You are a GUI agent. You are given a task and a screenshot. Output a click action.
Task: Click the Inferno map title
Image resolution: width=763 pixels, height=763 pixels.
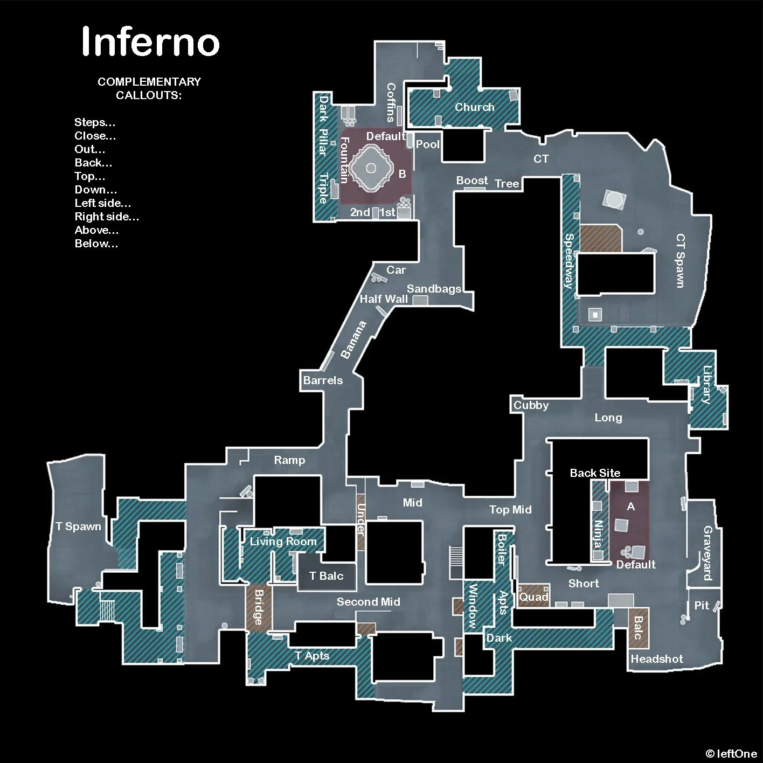click(x=150, y=41)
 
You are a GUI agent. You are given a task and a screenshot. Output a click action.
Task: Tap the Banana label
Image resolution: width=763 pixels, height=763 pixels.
click(x=353, y=339)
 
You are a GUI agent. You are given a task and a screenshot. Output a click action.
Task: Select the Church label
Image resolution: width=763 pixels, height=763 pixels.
click(x=474, y=107)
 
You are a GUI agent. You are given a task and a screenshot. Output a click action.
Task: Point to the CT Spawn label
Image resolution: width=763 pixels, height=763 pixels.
click(x=681, y=261)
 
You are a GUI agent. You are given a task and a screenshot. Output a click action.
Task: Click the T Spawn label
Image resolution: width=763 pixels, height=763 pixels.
click(x=79, y=526)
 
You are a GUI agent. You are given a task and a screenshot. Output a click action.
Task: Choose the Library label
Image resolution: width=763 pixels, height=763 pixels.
click(x=706, y=385)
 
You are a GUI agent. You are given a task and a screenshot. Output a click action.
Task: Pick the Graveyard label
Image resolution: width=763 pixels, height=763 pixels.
click(x=707, y=553)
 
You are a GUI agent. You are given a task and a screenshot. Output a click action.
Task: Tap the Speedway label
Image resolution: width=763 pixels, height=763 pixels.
click(x=569, y=261)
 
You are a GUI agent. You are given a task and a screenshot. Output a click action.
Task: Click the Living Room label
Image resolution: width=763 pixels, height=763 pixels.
click(x=283, y=542)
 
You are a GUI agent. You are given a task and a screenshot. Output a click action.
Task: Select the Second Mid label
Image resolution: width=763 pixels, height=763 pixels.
click(x=369, y=602)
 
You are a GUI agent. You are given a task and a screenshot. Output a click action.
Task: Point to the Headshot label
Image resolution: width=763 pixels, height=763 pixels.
click(x=657, y=658)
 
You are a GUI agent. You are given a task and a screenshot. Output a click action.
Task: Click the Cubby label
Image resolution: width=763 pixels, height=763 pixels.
click(x=531, y=405)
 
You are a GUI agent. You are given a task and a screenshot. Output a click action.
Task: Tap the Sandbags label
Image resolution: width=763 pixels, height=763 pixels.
click(x=434, y=289)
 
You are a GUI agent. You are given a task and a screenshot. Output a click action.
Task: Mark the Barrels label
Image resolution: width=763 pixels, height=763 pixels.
click(x=323, y=380)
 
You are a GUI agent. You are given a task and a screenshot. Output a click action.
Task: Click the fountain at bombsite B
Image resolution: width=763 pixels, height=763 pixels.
click(x=371, y=168)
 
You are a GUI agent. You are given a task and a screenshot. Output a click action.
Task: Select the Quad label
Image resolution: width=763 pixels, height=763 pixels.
click(x=533, y=597)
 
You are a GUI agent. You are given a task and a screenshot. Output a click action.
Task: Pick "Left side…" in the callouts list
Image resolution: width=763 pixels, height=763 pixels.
click(x=103, y=203)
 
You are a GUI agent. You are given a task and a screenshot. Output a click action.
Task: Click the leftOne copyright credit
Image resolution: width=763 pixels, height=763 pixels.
click(x=731, y=753)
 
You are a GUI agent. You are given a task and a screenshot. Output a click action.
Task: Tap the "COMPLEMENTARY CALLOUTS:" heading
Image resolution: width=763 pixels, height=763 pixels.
click(x=149, y=88)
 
